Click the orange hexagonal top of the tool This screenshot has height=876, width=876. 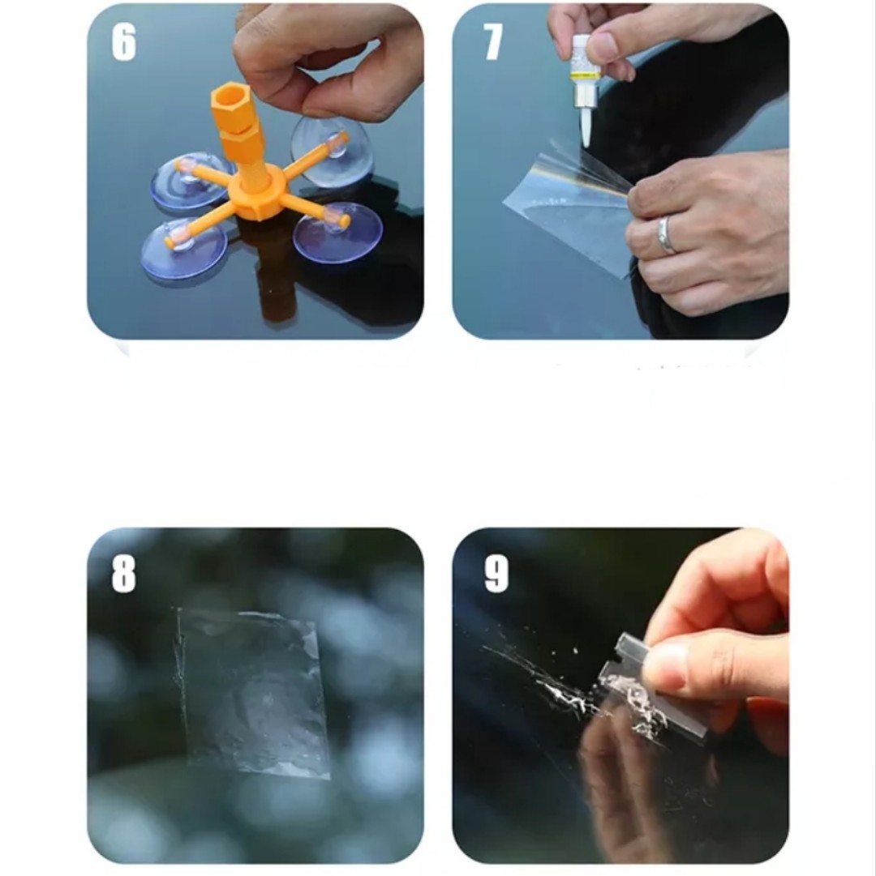pos(230,105)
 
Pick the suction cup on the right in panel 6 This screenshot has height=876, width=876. pos(337,230)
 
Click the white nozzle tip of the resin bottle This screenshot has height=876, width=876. pos(587,129)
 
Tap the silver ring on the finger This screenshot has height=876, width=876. pos(665,236)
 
